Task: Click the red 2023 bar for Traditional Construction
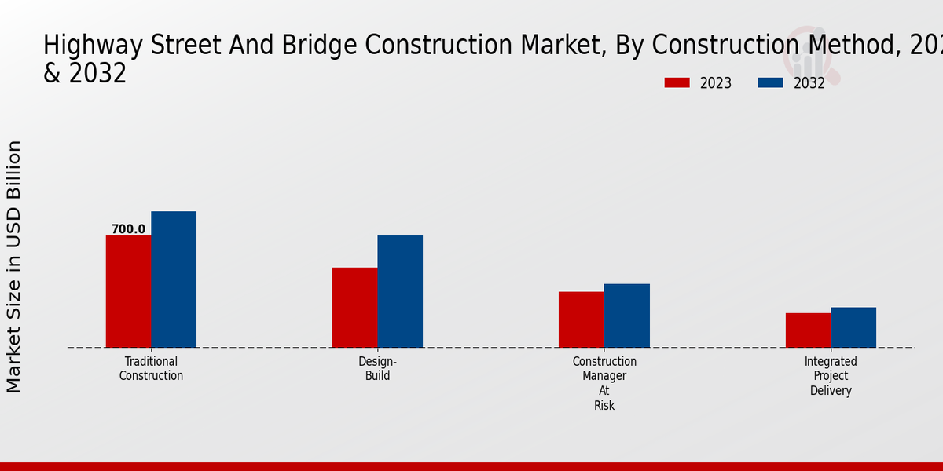pyautogui.click(x=128, y=291)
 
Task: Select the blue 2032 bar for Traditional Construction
pyautogui.click(x=174, y=279)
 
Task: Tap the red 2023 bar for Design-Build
pyautogui.click(x=354, y=308)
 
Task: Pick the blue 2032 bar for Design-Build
pyautogui.click(x=400, y=291)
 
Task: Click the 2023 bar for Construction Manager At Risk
pyautogui.click(x=582, y=319)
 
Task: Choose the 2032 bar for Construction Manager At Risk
pyautogui.click(x=627, y=316)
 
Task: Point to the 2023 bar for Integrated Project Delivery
pyautogui.click(x=808, y=330)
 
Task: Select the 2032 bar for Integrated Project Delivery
pyautogui.click(x=853, y=327)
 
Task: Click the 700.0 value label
pyautogui.click(x=128, y=229)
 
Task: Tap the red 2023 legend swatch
pyautogui.click(x=677, y=82)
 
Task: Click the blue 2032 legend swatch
pyautogui.click(x=770, y=82)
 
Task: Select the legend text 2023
pyautogui.click(x=716, y=83)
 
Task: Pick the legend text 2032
pyautogui.click(x=809, y=83)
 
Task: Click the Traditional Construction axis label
pyautogui.click(x=151, y=369)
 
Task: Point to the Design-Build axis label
pyautogui.click(x=378, y=369)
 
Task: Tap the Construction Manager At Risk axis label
pyautogui.click(x=604, y=383)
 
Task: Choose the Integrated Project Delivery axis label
pyautogui.click(x=831, y=376)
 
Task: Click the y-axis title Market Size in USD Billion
pyautogui.click(x=14, y=267)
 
